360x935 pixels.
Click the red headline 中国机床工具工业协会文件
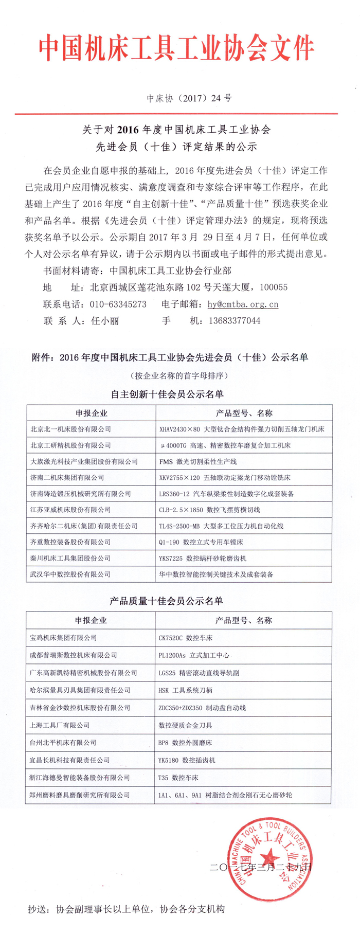coord(176,49)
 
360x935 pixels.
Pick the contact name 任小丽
coord(105,320)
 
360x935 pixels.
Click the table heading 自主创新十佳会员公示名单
coord(167,394)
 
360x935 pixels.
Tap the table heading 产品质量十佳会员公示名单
coord(167,601)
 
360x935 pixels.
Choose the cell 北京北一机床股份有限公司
coord(70,429)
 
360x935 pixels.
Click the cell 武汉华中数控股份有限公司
coord(70,574)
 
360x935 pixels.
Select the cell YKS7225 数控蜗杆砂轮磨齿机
coord(203,558)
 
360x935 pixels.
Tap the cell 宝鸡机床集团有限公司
coord(63,638)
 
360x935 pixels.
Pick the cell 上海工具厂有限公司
coord(60,725)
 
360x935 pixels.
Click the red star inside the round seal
coord(271,857)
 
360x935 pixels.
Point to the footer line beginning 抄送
coord(126,909)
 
